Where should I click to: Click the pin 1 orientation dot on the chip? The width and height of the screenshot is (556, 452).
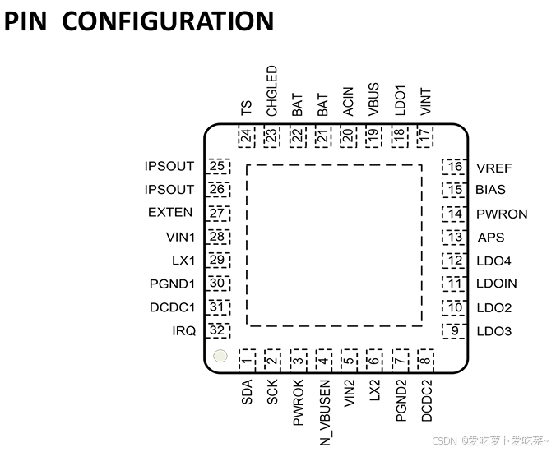[x=220, y=357]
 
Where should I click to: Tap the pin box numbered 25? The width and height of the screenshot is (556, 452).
[x=218, y=167]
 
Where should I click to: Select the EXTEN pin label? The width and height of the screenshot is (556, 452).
[x=170, y=213]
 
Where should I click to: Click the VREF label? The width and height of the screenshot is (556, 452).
[x=493, y=168]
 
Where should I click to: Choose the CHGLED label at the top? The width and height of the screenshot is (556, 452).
[x=272, y=91]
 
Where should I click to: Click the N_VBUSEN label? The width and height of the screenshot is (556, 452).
[x=325, y=413]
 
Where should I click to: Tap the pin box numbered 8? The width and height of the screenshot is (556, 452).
[x=425, y=359]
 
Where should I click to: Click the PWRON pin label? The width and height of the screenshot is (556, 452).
[x=501, y=214]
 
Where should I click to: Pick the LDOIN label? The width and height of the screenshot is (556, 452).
[x=496, y=284]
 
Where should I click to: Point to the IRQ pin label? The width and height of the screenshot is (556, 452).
[x=183, y=331]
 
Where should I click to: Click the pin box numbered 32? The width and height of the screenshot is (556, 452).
[x=218, y=331]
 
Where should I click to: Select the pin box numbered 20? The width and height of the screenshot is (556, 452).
[x=348, y=136]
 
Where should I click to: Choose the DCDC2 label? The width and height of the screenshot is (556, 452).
[x=427, y=401]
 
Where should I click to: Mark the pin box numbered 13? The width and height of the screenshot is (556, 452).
[x=453, y=238]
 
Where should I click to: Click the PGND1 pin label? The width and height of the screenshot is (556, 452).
[x=171, y=284]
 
